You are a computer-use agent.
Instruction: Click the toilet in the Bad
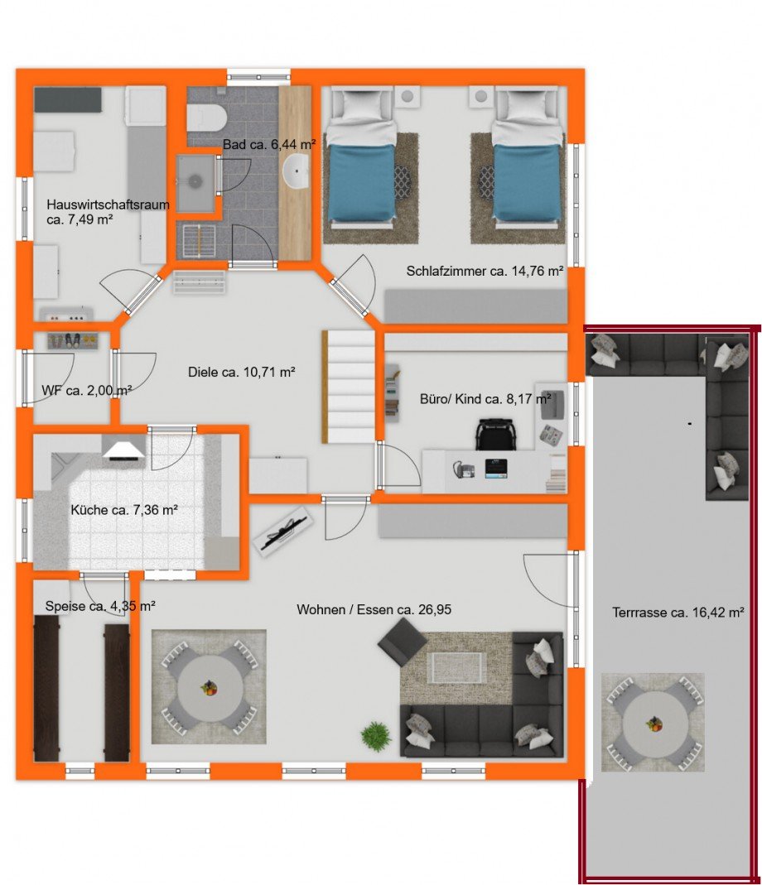(207, 118)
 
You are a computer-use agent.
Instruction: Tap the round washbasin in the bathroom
(296, 171)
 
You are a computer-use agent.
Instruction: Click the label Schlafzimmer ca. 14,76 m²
(485, 272)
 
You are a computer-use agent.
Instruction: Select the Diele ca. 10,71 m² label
(241, 373)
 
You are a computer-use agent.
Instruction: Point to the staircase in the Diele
(349, 387)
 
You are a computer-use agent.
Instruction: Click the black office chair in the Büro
(495, 434)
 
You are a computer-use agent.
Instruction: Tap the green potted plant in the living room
(376, 736)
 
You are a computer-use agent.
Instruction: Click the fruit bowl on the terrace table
(654, 724)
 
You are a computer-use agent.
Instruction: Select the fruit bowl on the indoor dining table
(209, 688)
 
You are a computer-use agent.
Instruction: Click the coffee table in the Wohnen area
(457, 668)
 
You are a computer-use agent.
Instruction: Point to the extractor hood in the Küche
(123, 450)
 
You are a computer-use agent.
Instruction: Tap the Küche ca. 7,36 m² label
(124, 510)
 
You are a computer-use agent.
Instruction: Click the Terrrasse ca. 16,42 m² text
(678, 613)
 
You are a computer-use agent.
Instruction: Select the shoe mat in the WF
(73, 341)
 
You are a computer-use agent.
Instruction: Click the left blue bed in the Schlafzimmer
(361, 183)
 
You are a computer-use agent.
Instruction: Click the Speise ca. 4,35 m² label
(100, 607)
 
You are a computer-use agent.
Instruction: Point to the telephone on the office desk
(464, 469)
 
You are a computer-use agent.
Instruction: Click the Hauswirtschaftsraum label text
(108, 204)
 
